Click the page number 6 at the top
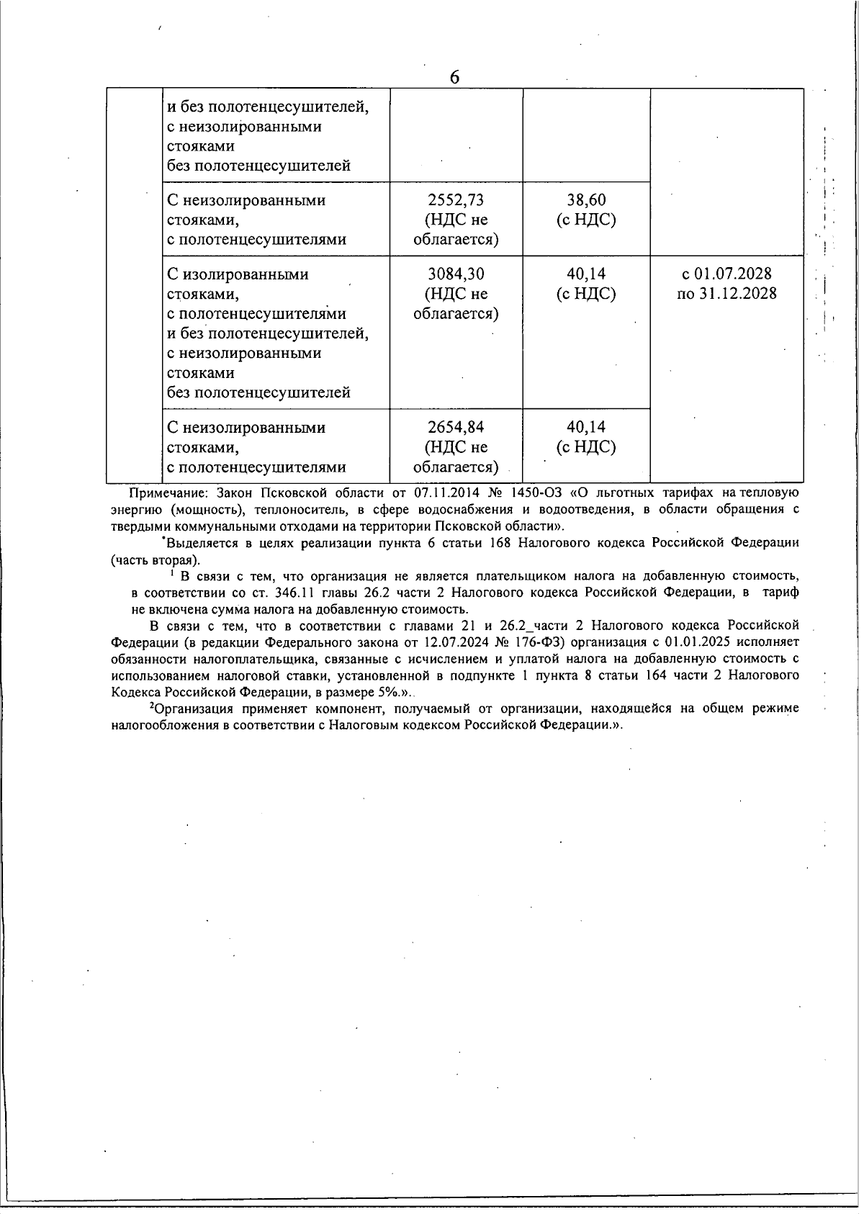click(454, 77)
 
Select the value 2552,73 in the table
click(456, 200)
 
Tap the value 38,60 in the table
click(586, 200)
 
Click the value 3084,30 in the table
click(456, 274)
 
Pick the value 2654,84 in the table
click(456, 428)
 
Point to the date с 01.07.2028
click(726, 274)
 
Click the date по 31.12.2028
click(726, 294)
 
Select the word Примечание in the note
click(168, 493)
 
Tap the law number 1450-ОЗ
click(536, 493)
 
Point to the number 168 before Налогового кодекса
click(500, 543)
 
